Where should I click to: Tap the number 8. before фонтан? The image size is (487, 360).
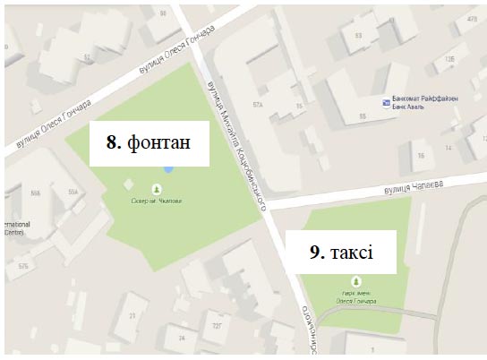(114, 141)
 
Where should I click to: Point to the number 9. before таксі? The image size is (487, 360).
(317, 253)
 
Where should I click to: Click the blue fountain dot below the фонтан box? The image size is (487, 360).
(167, 169)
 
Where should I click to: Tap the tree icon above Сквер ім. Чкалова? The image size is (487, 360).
(158, 189)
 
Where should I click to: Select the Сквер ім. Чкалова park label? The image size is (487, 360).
(158, 201)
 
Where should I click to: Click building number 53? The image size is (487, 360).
(359, 36)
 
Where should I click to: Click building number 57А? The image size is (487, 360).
(260, 105)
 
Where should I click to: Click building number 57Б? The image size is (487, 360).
(23, 267)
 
